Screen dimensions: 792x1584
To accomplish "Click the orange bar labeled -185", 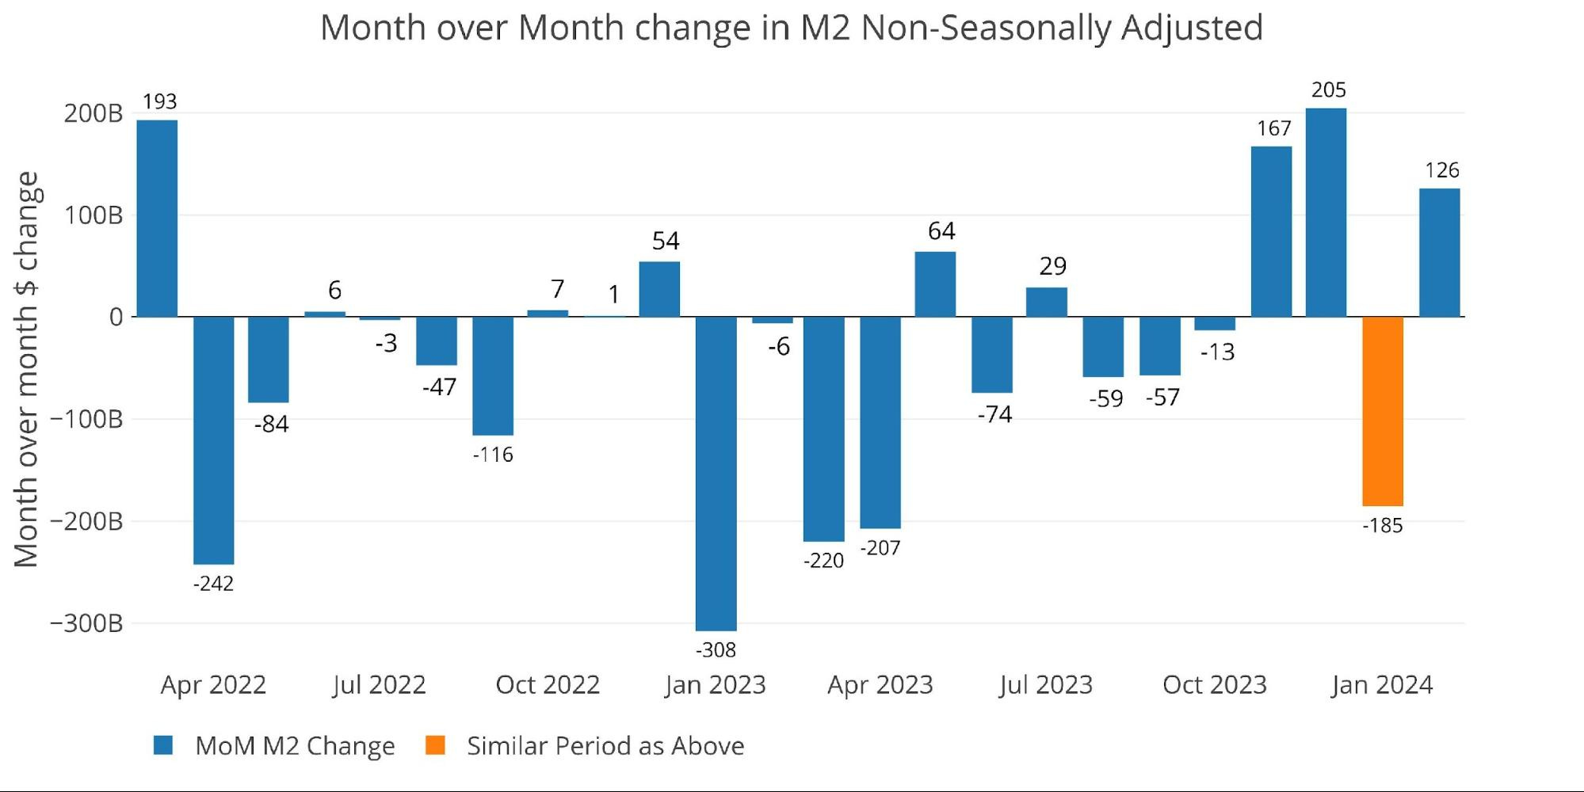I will (x=1383, y=411).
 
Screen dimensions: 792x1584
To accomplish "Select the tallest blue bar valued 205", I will (x=1326, y=212).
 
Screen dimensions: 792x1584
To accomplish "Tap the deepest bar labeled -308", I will (x=716, y=473).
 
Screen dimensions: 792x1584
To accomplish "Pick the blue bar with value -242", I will (x=213, y=440).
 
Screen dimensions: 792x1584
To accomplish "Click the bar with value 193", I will (x=157, y=219).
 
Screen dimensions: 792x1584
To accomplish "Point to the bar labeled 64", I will (x=935, y=284).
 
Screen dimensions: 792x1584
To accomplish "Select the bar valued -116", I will (x=493, y=375).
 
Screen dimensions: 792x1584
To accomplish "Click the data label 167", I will (x=1273, y=128).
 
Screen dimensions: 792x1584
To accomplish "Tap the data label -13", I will (x=1217, y=352).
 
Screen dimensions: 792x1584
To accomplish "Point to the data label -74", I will (x=994, y=414).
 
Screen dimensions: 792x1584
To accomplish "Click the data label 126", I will (x=1441, y=170).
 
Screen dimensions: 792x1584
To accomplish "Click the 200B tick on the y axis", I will (x=94, y=114).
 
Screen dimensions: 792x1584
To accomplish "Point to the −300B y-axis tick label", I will (x=86, y=623).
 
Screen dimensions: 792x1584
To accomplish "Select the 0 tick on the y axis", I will (x=116, y=318).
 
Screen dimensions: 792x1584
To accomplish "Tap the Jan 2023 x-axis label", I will (x=715, y=684).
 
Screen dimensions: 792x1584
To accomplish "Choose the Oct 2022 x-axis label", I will (x=548, y=684).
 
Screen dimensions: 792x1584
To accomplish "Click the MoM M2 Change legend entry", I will (x=294, y=745).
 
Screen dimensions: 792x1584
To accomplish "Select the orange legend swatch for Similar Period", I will (x=435, y=745).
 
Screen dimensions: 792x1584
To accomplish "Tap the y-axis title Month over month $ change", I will (x=26, y=369).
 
